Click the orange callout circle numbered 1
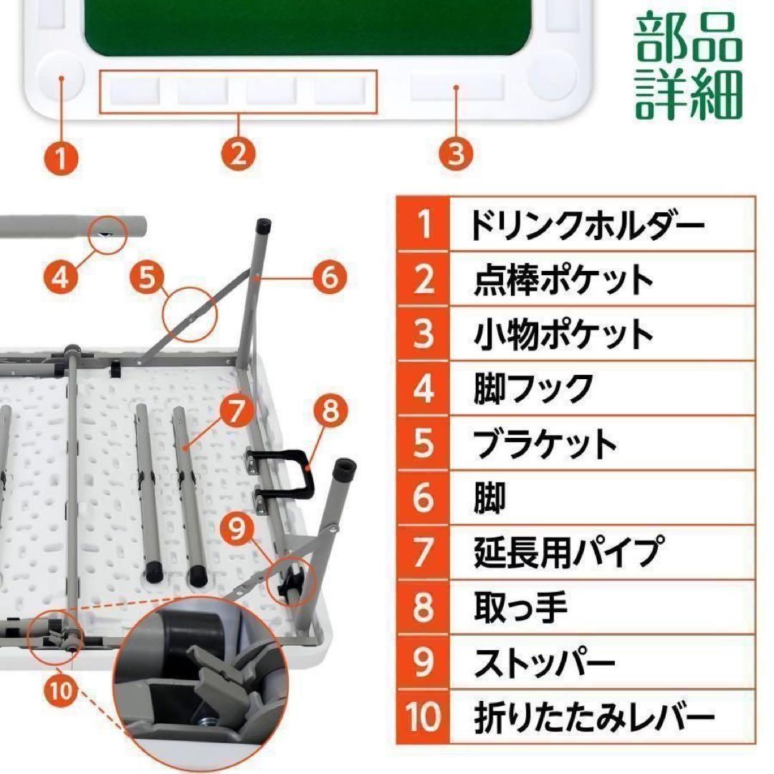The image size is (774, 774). click(62, 156)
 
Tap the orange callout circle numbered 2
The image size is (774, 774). click(239, 153)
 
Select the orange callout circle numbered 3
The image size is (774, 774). click(457, 153)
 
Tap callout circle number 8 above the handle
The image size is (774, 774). click(329, 411)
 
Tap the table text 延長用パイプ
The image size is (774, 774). click(567, 552)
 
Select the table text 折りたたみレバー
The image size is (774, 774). click(595, 717)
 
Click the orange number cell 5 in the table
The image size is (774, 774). click(424, 444)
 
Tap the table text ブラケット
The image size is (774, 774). click(545, 444)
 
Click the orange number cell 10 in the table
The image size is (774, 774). click(424, 717)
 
